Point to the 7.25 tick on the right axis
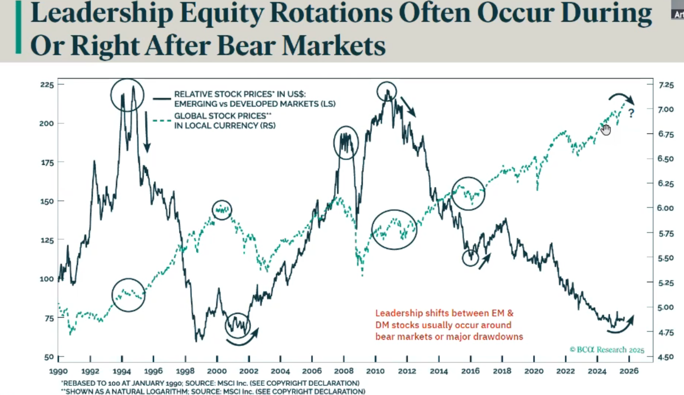(x=666, y=85)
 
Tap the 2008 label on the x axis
(x=344, y=371)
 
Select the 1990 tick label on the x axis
(x=58, y=371)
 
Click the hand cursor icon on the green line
(x=605, y=129)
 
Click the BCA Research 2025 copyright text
(x=607, y=350)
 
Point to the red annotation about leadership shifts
(x=448, y=325)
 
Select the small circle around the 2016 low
(x=471, y=257)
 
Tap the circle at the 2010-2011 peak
(x=387, y=91)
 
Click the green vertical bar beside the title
(x=19, y=27)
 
